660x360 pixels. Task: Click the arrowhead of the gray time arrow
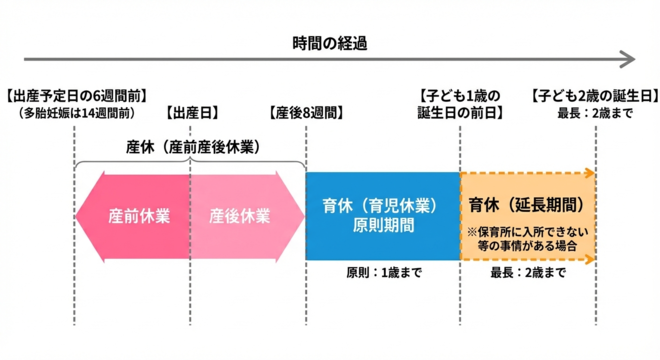pos(626,60)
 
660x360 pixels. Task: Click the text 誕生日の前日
pos(459,113)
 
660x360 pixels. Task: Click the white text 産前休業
pos(138,215)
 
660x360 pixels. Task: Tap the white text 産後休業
pos(240,215)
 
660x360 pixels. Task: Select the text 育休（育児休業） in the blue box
pos(381,205)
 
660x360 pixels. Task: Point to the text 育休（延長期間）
pos(526,205)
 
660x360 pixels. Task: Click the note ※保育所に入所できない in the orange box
pos(526,230)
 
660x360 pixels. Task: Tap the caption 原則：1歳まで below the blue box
pos(381,273)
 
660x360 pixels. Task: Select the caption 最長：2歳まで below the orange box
pos(527,273)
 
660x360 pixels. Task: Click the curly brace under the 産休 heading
pos(190,163)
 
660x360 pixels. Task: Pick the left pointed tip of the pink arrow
pos(80,215)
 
